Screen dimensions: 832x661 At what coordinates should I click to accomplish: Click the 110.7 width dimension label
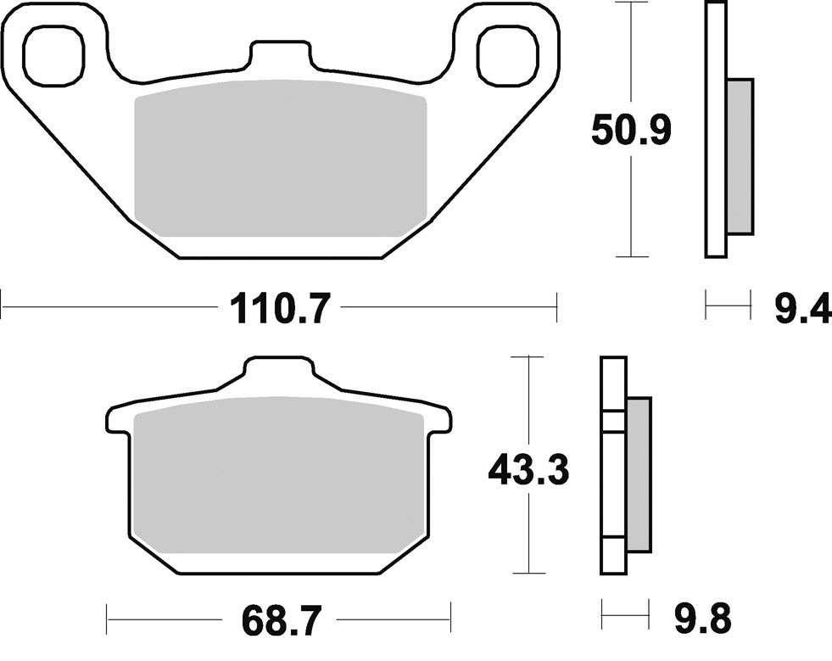coord(280,308)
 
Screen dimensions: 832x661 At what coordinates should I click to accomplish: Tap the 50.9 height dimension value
coord(631,130)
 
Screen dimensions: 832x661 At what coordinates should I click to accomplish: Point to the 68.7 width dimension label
coord(282,619)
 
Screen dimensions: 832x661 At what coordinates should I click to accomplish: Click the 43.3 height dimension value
coord(528,469)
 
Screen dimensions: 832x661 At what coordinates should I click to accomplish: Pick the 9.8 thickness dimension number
coord(703,618)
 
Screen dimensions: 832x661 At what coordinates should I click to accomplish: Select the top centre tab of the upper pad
coord(281,54)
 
